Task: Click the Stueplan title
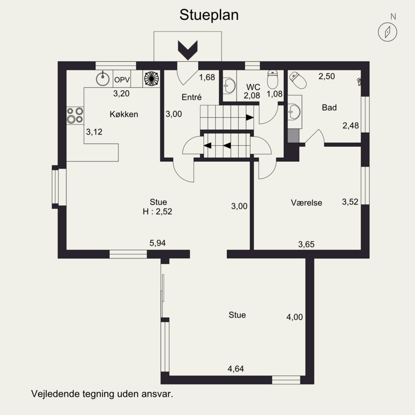(209, 16)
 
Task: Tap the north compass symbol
(387, 32)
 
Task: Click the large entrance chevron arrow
(188, 50)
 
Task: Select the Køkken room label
(124, 114)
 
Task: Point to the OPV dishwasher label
(122, 80)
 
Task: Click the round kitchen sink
(103, 79)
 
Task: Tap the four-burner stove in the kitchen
(75, 115)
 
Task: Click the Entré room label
(191, 97)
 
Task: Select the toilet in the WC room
(272, 79)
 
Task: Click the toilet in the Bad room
(298, 80)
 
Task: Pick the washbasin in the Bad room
(294, 112)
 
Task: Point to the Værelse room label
(307, 203)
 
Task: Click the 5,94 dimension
(158, 243)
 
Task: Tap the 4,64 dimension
(236, 369)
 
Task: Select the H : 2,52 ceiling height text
(158, 212)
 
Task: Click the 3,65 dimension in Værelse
(306, 244)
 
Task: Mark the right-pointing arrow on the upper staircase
(250, 117)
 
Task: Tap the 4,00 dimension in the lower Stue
(294, 317)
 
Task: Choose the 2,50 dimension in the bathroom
(327, 76)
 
